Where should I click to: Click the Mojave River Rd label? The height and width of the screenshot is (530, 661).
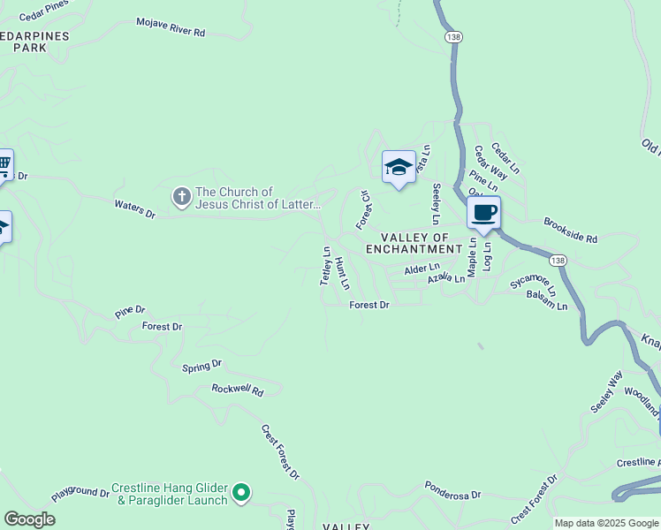click(171, 26)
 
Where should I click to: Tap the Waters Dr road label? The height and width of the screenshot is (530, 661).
click(134, 208)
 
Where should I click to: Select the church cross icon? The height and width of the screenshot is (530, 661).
click(181, 197)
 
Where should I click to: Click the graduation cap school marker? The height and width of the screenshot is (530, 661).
click(399, 166)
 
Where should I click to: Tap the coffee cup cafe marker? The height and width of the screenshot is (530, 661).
click(483, 213)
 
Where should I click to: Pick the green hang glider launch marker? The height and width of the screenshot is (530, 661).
click(241, 493)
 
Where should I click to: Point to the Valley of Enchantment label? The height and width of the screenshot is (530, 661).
click(422, 243)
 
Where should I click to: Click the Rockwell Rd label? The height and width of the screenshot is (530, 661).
click(238, 390)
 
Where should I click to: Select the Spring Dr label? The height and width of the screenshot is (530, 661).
click(201, 366)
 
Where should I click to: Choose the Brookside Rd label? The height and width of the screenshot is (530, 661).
click(571, 231)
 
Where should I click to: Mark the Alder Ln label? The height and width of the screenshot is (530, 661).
click(422, 268)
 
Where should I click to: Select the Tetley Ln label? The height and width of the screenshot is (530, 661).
click(325, 265)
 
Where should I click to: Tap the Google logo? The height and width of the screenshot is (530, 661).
click(29, 519)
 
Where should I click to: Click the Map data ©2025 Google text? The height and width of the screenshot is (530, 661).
click(606, 523)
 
